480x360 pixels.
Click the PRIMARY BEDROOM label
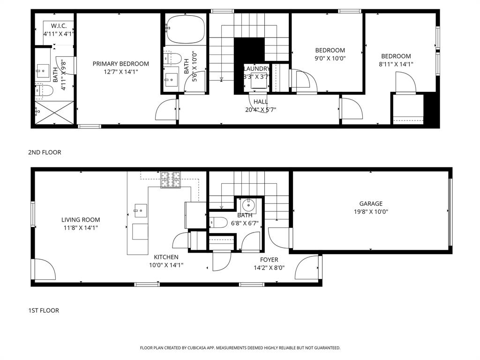coord(120,64)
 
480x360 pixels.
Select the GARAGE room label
coord(371,203)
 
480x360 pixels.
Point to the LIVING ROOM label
coord(81,219)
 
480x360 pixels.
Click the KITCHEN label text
coord(166,257)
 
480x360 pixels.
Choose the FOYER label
coord(269,260)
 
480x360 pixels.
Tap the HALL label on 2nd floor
coord(261,102)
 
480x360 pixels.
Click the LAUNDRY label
coord(257,68)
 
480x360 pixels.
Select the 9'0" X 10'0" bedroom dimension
coord(330,58)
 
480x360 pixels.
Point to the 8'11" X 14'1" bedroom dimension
coord(396,64)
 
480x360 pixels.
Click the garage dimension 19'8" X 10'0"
coord(371,211)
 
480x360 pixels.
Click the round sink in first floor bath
coord(247,205)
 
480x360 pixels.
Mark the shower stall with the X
coord(55,112)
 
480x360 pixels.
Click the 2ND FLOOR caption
coord(45,152)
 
